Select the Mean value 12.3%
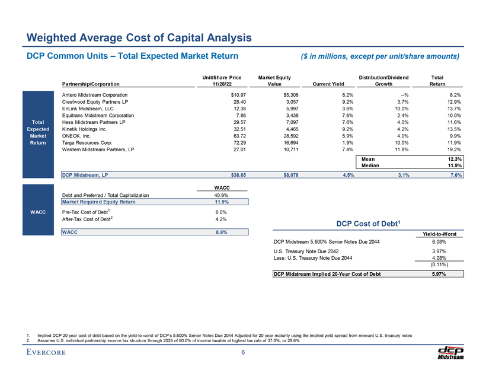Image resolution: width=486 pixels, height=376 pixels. [x=453, y=159]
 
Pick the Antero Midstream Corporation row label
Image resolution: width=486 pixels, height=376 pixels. [x=95, y=95]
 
